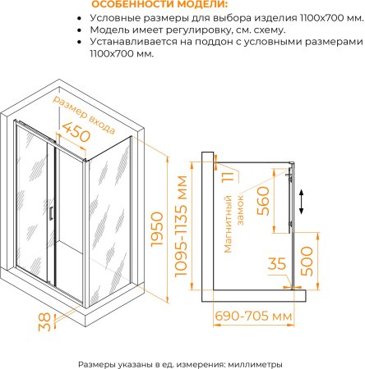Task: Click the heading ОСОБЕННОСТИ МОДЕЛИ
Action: coord(159,5)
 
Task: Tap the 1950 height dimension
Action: coord(157,230)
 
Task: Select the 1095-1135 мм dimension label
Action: coord(181,226)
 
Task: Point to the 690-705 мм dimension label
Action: coord(253,316)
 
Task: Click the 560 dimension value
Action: coord(263,200)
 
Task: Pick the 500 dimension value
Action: coord(307,261)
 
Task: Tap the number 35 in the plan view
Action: coord(277,263)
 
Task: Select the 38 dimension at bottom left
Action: coord(44,322)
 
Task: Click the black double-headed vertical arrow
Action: coord(302,202)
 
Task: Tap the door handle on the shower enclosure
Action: coord(51,213)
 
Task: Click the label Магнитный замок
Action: coord(233,224)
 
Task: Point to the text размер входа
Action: coord(84,115)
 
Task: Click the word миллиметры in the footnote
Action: coord(255,364)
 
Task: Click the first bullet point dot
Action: coord(80,19)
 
